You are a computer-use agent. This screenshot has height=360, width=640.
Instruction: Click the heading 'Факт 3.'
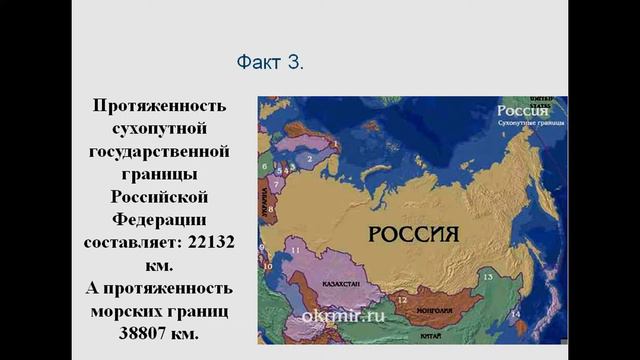point(270,63)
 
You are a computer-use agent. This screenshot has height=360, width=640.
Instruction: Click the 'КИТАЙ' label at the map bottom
point(430,335)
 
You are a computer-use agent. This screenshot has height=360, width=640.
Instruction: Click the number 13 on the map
point(488,274)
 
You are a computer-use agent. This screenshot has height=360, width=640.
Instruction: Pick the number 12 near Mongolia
point(400,298)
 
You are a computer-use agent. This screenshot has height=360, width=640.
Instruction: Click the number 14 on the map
point(516,314)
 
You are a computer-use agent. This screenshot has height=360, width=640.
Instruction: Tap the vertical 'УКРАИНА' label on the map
point(266,211)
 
